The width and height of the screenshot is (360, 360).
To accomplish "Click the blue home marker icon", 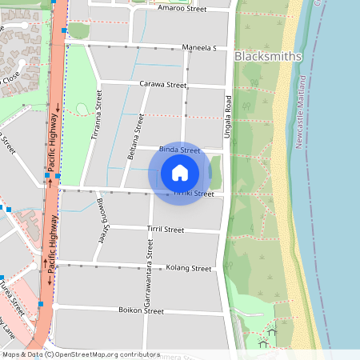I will [x=180, y=173].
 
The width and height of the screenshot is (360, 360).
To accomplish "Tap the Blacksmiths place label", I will [x=268, y=57].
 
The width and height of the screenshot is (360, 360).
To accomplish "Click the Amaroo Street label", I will [x=182, y=9].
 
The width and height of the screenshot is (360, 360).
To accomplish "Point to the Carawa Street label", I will [x=162, y=83].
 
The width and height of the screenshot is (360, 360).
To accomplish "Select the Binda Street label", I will [x=179, y=150].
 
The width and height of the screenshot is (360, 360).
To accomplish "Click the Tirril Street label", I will [x=165, y=230].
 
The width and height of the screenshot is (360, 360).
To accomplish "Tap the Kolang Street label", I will [x=188, y=268].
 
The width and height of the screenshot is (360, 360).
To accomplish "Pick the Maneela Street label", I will [x=199, y=48].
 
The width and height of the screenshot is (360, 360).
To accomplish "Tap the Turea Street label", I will [x=10, y=294].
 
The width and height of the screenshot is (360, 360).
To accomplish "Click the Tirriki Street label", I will [x=194, y=194].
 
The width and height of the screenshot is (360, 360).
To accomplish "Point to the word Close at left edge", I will [x=11, y=77].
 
